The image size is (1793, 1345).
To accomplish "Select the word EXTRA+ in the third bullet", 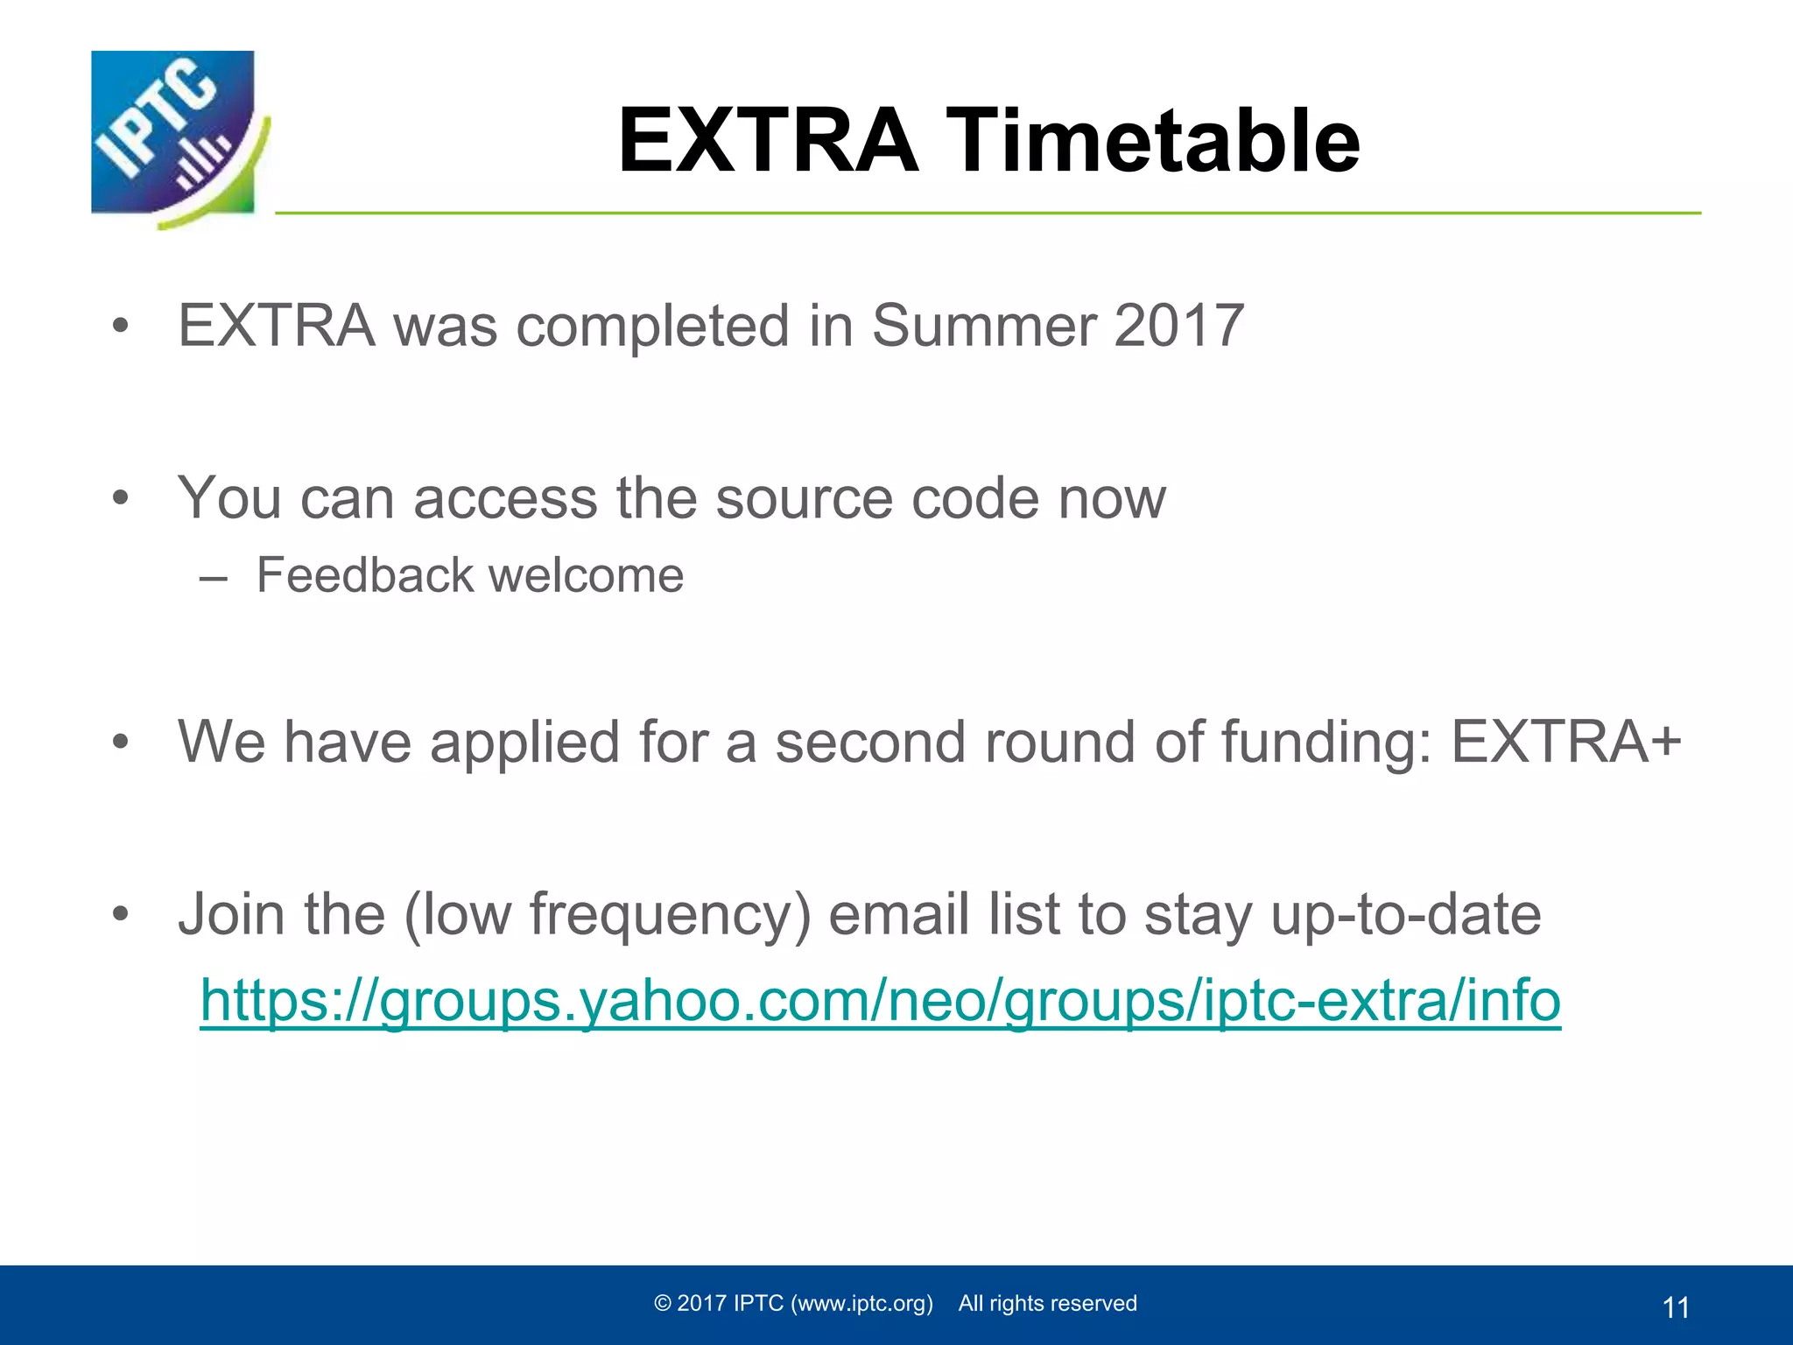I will click(1566, 742).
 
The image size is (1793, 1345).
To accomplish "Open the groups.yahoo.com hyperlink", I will click(880, 1001).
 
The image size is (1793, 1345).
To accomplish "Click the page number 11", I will click(1675, 1307).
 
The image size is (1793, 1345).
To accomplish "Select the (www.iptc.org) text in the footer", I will click(861, 1303).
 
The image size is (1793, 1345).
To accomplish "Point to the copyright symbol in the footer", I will click(663, 1303).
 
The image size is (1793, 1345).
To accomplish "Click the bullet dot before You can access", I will click(121, 498).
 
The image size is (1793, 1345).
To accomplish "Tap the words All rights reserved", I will click(1047, 1303).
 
